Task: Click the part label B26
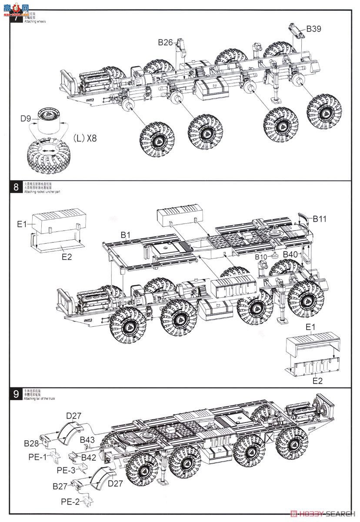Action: [165, 42]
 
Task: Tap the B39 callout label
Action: [313, 29]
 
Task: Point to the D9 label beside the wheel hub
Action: [26, 118]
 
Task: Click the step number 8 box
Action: [16, 187]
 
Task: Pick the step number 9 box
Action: [16, 394]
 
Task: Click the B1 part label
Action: [126, 235]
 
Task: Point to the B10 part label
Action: [261, 257]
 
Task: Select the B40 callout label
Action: [290, 254]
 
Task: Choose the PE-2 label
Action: [70, 502]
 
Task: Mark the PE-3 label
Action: [66, 470]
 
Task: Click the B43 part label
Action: [88, 440]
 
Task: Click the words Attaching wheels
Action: [35, 21]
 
